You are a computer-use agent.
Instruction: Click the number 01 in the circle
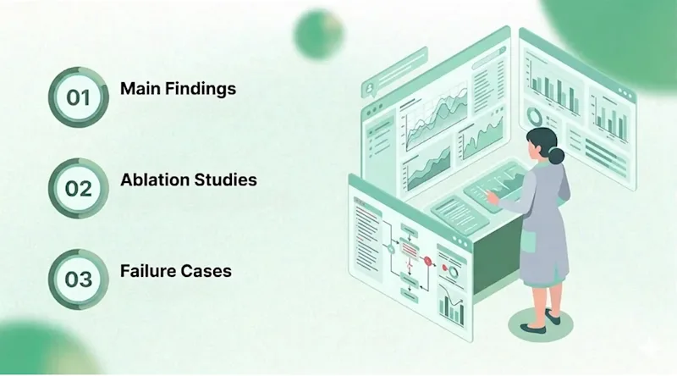[78, 97]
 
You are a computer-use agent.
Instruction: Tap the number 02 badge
[78, 189]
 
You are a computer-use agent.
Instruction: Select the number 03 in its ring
[79, 279]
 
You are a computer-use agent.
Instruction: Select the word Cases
[206, 271]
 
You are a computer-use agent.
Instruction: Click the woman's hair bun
[556, 156]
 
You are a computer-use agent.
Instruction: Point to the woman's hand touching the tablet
[492, 196]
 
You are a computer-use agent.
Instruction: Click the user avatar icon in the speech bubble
[370, 88]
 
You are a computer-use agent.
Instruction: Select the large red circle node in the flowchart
[427, 261]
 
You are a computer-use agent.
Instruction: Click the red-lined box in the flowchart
[409, 248]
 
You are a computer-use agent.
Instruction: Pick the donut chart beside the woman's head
[536, 116]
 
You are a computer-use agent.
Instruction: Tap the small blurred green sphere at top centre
[319, 34]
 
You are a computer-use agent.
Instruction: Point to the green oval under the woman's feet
[540, 324]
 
